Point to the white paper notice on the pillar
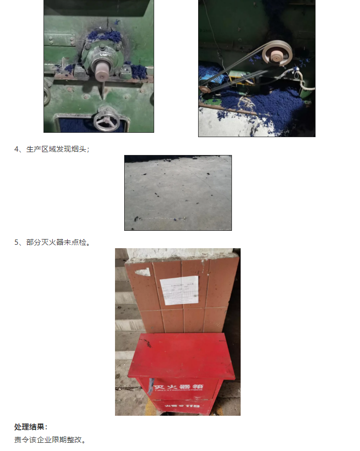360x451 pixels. pos(179,290)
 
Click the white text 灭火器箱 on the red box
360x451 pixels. pos(178,387)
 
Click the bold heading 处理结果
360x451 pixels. pos(31,427)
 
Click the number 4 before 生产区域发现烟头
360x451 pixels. pos(16,149)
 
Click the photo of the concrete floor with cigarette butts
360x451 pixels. pos(178,193)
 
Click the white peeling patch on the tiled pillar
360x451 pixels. pos(144,272)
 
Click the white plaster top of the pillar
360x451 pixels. pos(177,254)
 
